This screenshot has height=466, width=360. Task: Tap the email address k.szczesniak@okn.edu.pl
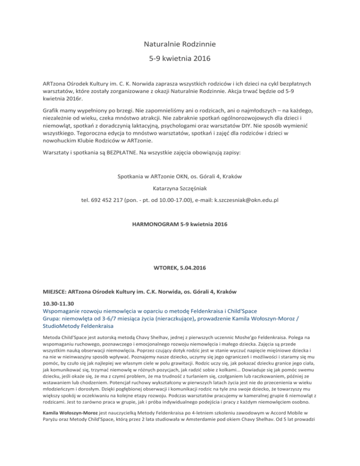point(240,200)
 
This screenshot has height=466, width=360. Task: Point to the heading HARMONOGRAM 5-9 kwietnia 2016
point(180,225)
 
